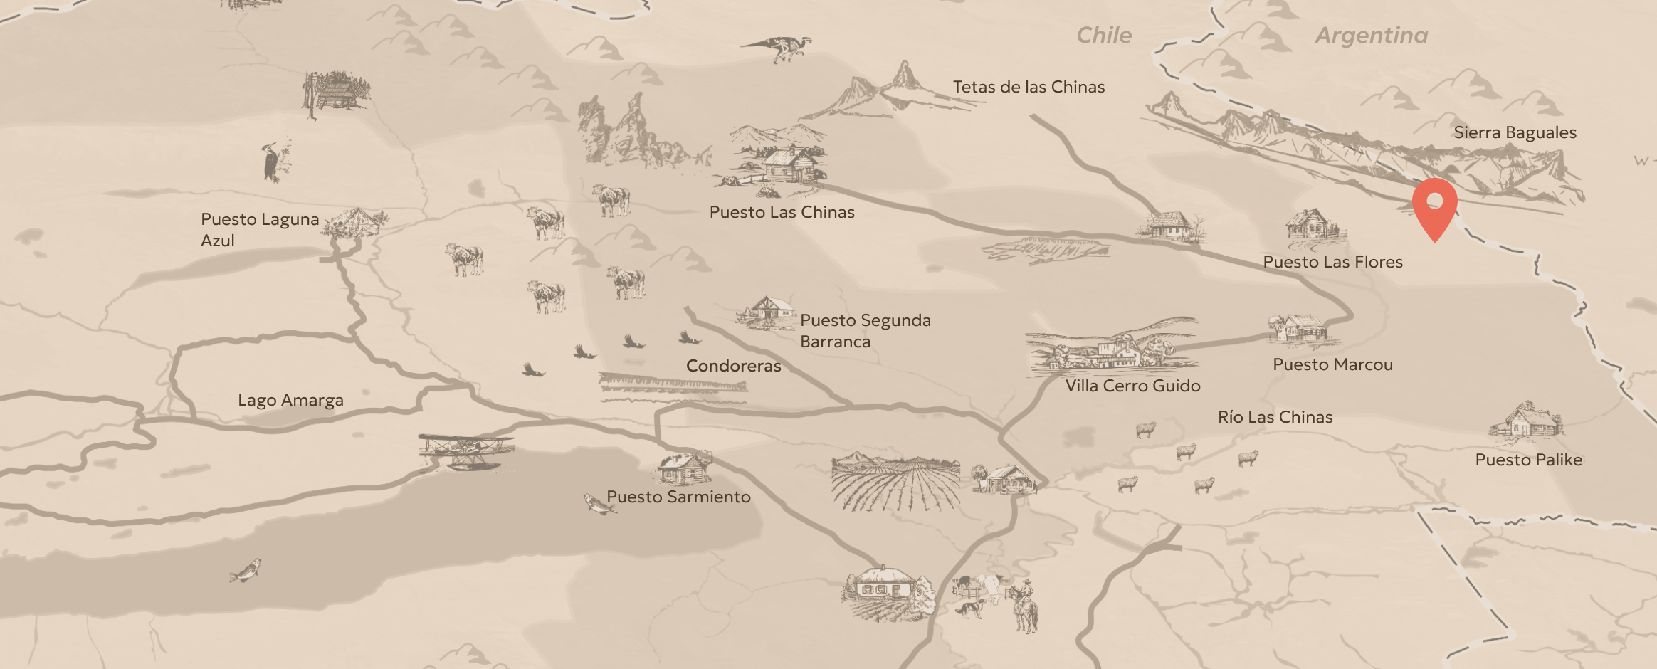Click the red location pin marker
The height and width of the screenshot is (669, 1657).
(1434, 207)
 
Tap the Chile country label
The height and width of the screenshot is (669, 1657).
(1103, 36)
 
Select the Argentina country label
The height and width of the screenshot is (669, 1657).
(1371, 36)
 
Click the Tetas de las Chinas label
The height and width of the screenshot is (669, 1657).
(1029, 87)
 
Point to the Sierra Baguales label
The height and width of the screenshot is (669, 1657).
(1515, 132)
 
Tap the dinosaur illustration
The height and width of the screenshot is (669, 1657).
(779, 48)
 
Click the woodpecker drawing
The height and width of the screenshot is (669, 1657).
(273, 163)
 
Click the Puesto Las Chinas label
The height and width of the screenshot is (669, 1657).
(782, 212)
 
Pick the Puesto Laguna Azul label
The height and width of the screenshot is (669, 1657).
(259, 229)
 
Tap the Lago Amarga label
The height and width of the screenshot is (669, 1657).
(290, 400)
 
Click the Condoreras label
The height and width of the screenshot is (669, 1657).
(733, 366)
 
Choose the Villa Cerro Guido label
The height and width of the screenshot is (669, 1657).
(1132, 386)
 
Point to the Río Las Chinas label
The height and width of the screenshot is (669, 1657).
(1275, 417)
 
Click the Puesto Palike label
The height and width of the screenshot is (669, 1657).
(1528, 460)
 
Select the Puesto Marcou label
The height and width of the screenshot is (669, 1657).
(1332, 364)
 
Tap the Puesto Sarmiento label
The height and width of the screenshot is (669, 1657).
(678, 497)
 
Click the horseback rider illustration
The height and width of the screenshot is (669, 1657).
(1024, 606)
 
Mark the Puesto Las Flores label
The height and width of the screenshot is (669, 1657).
(1332, 262)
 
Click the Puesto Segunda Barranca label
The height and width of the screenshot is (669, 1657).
(865, 331)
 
